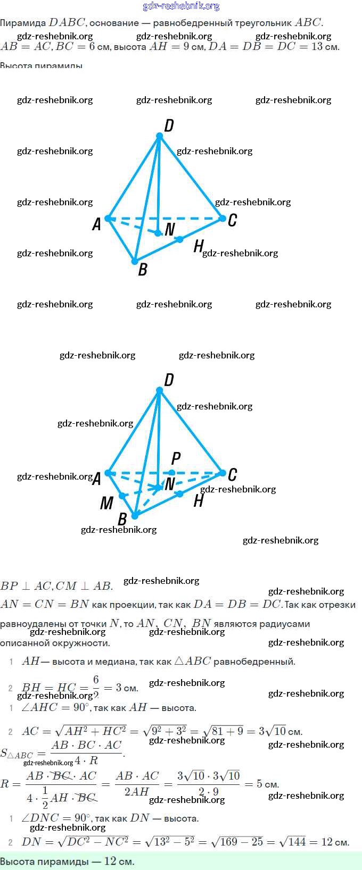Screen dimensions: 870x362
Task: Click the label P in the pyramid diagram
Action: (x=176, y=458)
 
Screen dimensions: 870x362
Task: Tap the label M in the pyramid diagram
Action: (x=106, y=503)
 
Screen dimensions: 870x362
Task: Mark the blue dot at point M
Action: (x=122, y=496)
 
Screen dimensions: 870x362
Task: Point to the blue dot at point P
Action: (x=172, y=472)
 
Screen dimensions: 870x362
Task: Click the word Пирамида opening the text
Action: (x=22, y=23)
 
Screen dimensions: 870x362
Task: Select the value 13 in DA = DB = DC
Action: (x=317, y=46)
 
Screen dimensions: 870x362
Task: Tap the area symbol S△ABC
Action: (x=17, y=754)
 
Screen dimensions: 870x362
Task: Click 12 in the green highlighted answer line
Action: (x=110, y=861)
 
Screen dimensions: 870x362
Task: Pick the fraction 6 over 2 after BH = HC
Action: (x=96, y=687)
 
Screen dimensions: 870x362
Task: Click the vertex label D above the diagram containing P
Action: (x=169, y=380)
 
